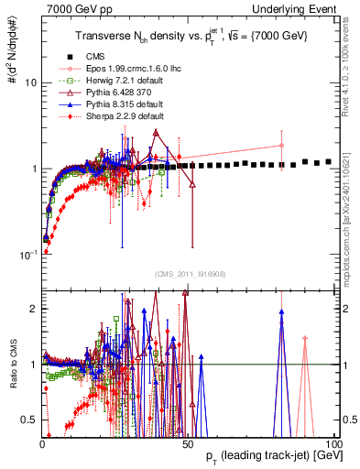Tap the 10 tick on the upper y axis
(30, 82)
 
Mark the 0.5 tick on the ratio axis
(31, 420)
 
